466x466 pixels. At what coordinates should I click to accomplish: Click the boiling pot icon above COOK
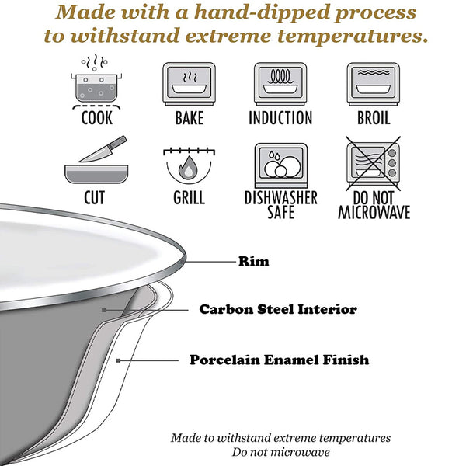[x=96, y=81]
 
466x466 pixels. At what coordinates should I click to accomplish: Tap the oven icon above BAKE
[x=189, y=84]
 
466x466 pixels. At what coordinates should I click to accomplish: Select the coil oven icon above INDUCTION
[x=280, y=84]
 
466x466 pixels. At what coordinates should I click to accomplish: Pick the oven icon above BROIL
[x=374, y=84]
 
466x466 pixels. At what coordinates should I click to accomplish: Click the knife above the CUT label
[x=103, y=149]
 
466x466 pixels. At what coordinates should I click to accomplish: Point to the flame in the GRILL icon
[x=188, y=168]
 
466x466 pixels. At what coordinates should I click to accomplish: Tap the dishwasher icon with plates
[x=281, y=165]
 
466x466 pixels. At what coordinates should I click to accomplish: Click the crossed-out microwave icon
[x=374, y=163]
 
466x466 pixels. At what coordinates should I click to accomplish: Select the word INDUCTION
[x=280, y=118]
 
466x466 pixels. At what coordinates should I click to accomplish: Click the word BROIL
[x=374, y=118]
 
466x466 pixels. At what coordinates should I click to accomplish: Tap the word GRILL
[x=189, y=197]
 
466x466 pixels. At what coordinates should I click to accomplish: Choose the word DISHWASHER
[x=281, y=197]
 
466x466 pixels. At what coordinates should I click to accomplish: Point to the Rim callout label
[x=254, y=262]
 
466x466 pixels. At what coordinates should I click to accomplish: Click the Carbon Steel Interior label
[x=278, y=309]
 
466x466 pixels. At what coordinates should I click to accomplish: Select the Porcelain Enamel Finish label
[x=280, y=360]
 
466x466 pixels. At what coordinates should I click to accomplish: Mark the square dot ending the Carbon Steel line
[x=104, y=310]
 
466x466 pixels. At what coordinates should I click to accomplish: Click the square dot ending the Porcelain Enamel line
[x=118, y=361]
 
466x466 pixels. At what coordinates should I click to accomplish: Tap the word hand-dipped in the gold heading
[x=261, y=12]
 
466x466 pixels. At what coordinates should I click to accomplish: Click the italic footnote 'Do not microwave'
[x=281, y=452]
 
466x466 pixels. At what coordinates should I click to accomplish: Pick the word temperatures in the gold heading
[x=353, y=37]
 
